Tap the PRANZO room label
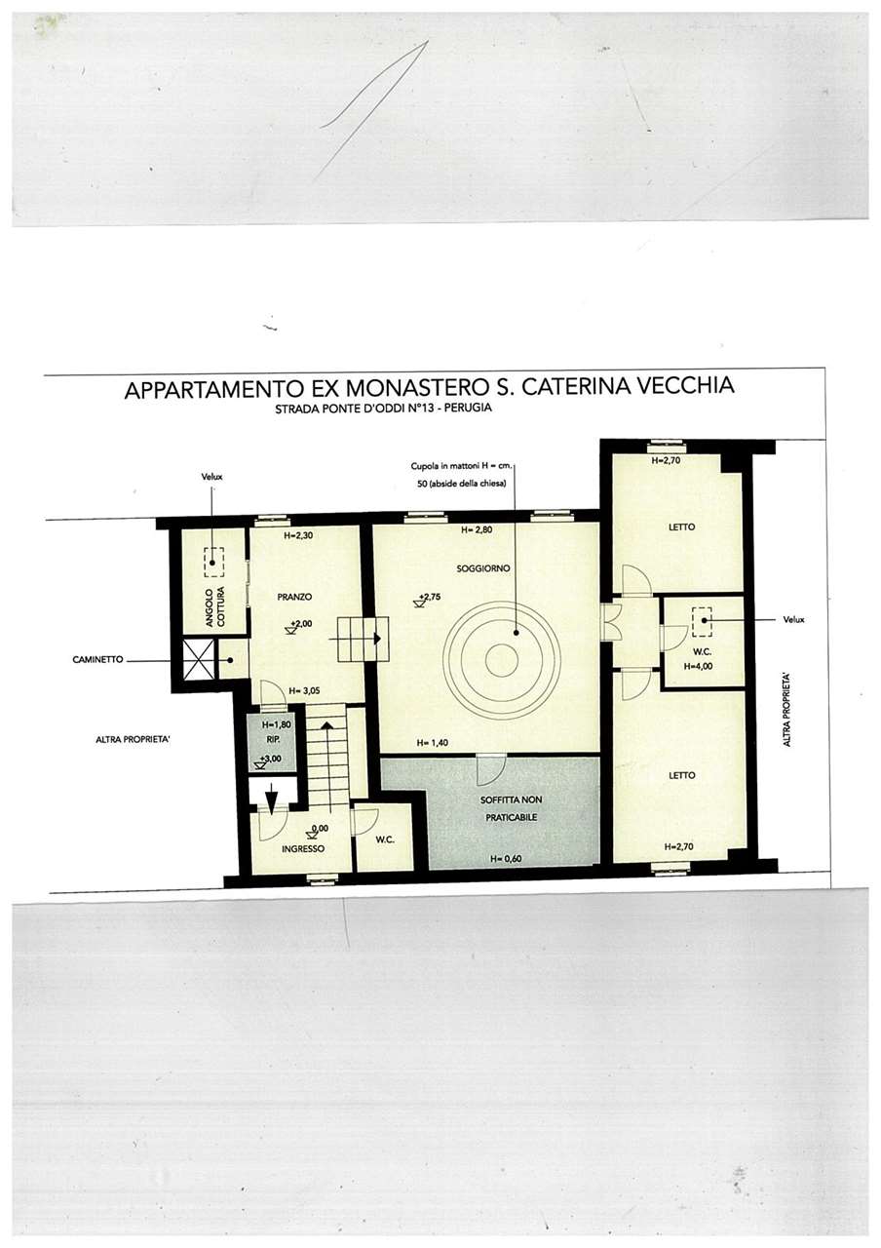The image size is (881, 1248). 294,597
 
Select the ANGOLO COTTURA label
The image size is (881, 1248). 215,606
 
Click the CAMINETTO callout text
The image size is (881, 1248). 97,660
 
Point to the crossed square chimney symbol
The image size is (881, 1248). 198,660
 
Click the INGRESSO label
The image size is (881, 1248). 303,849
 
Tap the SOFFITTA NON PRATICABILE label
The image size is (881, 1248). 511,808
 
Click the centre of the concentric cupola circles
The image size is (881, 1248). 502,660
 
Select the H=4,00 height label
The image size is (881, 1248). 698,666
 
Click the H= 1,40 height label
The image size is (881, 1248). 432,743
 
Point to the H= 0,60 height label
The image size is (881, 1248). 506,859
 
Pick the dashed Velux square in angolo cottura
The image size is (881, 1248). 213,563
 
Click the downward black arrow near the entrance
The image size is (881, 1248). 272,800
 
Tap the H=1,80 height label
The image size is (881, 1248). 276,724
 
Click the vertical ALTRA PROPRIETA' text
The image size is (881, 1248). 786,710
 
